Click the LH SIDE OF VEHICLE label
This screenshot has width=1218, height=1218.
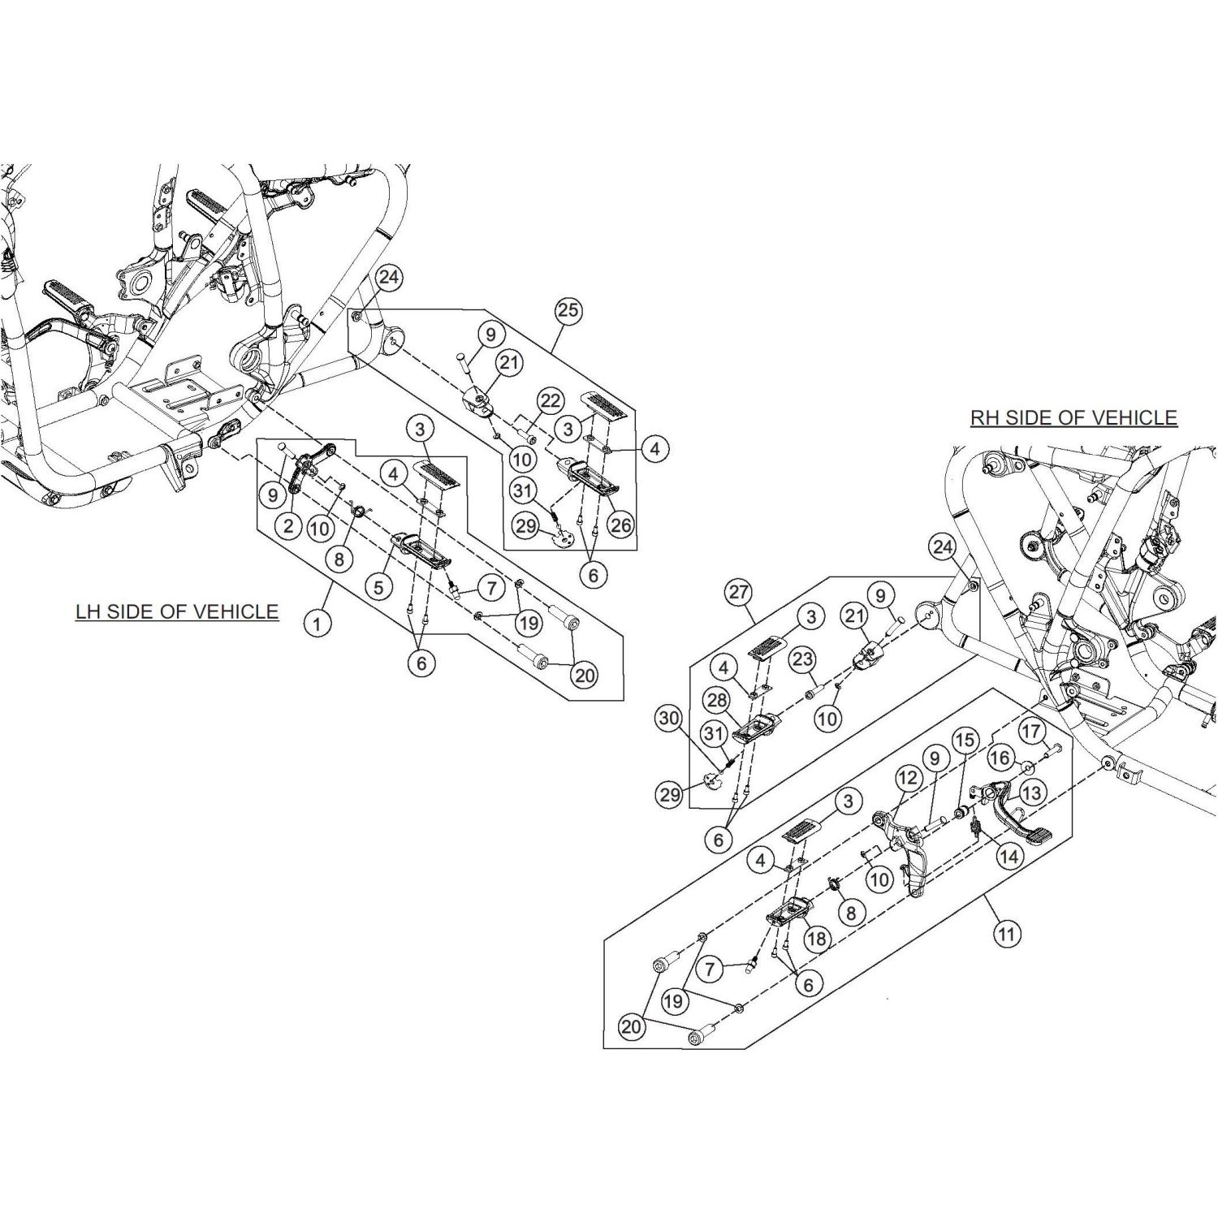click(x=177, y=611)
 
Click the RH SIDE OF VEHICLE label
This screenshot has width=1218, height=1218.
click(x=1073, y=417)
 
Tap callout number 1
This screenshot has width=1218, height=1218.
click(x=317, y=624)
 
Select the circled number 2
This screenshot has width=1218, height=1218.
click(x=288, y=526)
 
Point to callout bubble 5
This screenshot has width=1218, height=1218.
click(x=379, y=586)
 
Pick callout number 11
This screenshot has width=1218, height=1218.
click(x=1006, y=935)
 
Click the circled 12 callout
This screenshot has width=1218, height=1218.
click(x=907, y=779)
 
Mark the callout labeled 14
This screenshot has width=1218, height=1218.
click(x=1009, y=856)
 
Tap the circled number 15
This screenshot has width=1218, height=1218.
click(x=964, y=741)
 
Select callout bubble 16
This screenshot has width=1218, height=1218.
click(x=1000, y=758)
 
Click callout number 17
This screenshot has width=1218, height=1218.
click(x=1031, y=732)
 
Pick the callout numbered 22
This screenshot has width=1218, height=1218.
click(x=551, y=400)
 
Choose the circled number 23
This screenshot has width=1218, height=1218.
click(x=802, y=659)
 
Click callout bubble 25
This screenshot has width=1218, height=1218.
click(x=568, y=310)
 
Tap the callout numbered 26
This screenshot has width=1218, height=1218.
click(x=620, y=525)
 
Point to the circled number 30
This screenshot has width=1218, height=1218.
click(x=669, y=718)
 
